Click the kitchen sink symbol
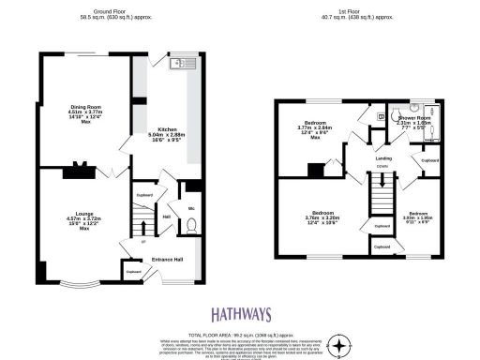175,65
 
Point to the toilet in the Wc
190,225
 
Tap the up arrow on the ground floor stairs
142,240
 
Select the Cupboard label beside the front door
134,273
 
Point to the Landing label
382,159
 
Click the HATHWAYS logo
240,315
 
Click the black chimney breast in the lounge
79,172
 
